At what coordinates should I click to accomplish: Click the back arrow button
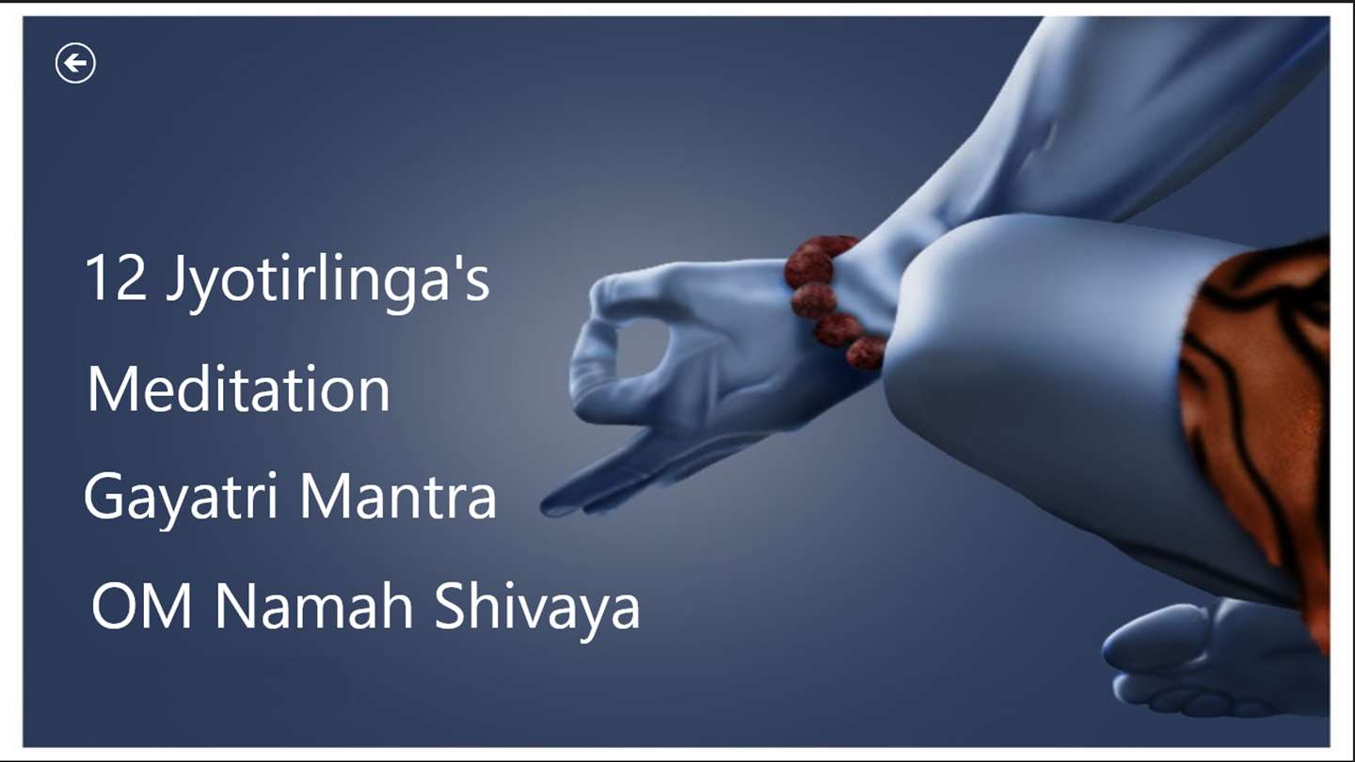pos(75,63)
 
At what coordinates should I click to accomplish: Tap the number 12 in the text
pos(116,278)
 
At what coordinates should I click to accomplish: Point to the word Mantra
pos(398,496)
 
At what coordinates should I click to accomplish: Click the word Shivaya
pos(537,611)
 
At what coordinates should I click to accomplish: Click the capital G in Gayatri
pos(104,496)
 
